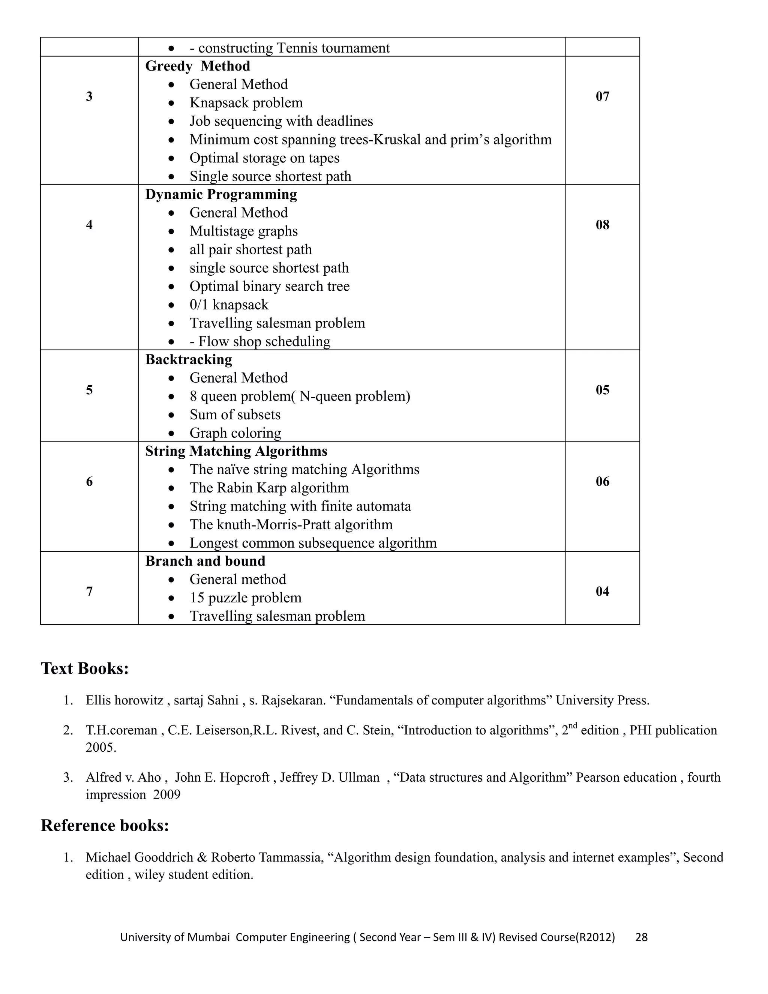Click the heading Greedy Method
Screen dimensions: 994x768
click(198, 66)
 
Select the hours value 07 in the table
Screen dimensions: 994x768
click(602, 96)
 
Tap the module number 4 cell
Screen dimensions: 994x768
click(89, 224)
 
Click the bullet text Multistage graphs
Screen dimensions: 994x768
click(243, 231)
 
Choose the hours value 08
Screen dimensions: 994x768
click(602, 224)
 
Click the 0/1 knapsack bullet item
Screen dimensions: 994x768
click(229, 305)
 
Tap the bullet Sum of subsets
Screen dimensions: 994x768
click(235, 414)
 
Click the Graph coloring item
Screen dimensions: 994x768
click(235, 433)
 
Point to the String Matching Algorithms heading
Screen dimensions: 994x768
click(236, 451)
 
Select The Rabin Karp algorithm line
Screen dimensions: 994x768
click(269, 488)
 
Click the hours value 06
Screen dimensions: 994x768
click(602, 482)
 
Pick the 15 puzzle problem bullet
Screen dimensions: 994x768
click(245, 598)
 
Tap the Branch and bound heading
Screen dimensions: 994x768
click(205, 561)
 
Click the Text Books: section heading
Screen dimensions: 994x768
click(85, 668)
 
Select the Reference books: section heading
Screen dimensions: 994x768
click(105, 826)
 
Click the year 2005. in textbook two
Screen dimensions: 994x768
click(101, 748)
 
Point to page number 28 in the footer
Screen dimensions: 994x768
click(641, 937)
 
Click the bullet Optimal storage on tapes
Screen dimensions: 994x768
click(264, 158)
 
